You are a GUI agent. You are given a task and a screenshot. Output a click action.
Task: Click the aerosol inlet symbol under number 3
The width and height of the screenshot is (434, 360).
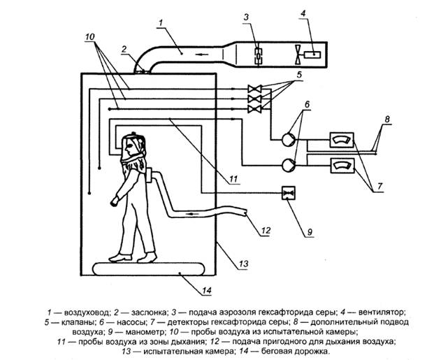[x=257, y=52]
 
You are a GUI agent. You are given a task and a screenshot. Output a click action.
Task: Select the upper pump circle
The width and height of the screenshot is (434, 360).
[x=287, y=138]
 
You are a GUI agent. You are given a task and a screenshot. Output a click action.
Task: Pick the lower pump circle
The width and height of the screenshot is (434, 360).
[x=287, y=164]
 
